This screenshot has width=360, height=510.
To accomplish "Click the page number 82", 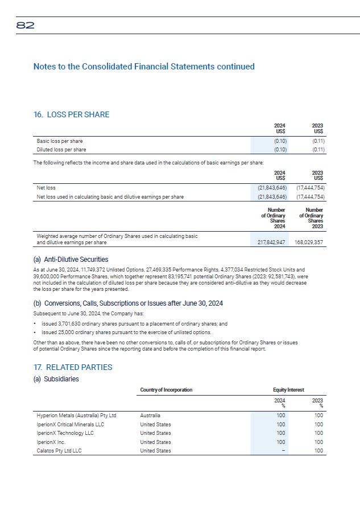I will pos(26,26).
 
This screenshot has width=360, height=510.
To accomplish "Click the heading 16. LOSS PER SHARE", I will pos(71,114).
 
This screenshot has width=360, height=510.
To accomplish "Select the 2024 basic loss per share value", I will pos(280,141).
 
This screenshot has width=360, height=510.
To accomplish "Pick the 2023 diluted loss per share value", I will pos(318,150).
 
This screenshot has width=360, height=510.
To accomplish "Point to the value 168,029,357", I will pos(309,242).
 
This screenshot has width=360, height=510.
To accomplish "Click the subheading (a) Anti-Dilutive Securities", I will pos(71,260).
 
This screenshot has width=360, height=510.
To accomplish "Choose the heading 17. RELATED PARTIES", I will pos(73,367).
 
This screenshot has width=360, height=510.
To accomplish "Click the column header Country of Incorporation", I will pos(166,390).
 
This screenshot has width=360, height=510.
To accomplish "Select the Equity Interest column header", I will pos(288,390).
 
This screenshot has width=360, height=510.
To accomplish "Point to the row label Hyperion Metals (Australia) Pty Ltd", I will pos(76,416).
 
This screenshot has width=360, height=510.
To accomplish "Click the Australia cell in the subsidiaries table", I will pos(150,416).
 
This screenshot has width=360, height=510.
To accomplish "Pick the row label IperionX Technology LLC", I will pos(65,433).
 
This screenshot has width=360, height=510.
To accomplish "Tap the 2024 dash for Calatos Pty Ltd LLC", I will pos(281,451).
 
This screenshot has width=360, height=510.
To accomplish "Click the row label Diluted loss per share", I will pos(61,150).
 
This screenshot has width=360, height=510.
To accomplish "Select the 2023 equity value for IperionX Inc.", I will pos(318,442).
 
